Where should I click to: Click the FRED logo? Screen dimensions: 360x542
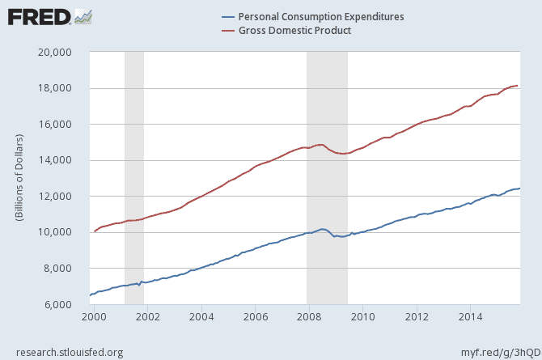point(38,16)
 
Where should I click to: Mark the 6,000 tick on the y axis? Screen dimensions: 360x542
point(66,304)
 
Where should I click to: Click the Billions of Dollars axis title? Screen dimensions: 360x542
point(19,178)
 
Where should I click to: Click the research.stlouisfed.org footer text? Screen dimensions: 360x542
point(66,351)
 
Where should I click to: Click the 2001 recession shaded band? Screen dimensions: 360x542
point(133,178)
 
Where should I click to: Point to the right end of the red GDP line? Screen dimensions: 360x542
point(518,86)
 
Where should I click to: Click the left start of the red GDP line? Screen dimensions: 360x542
point(95,231)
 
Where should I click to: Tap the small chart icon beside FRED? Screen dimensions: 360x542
point(83,16)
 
